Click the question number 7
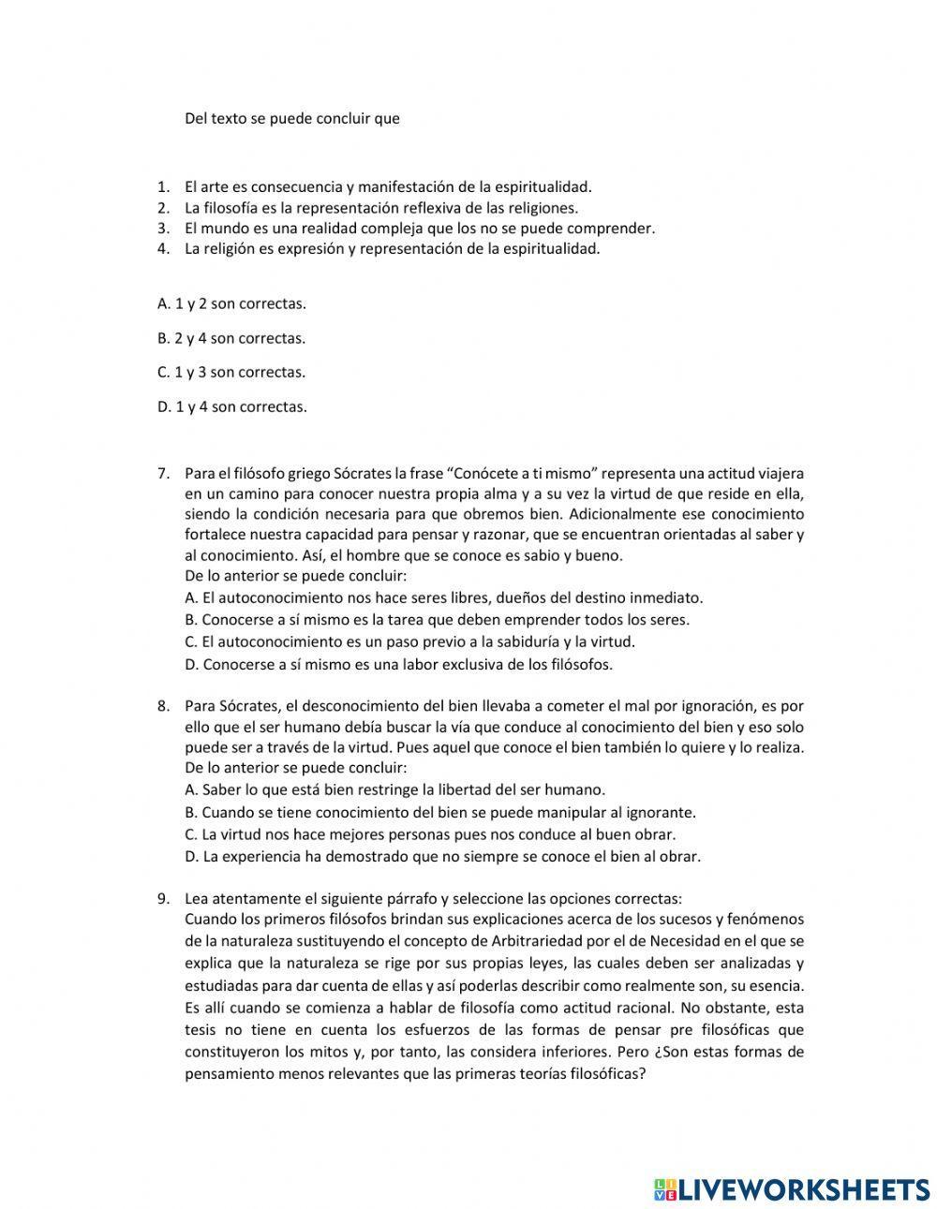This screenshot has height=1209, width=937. click(162, 474)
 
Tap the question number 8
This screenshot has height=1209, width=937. click(162, 706)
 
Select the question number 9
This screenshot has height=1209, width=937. click(162, 897)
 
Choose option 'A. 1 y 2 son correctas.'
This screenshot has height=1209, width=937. click(231, 303)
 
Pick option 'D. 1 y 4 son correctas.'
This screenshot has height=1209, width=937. click(231, 406)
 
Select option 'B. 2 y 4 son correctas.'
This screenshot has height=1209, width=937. click(231, 338)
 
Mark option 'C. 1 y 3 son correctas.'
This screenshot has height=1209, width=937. click(231, 372)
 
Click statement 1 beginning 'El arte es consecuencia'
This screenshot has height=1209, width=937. click(388, 187)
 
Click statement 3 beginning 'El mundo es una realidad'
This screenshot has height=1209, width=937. click(419, 228)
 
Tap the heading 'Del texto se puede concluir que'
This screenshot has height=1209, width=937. click(292, 119)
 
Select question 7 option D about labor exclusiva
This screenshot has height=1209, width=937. click(398, 664)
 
